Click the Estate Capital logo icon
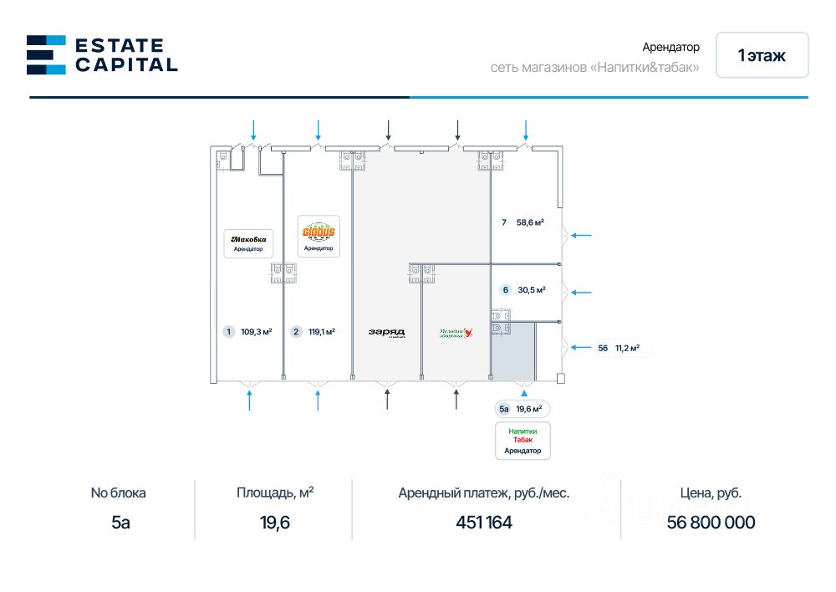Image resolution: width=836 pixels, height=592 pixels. tap(46, 54)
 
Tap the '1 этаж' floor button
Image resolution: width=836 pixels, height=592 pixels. tap(762, 55)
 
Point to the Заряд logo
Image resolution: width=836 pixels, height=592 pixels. tap(386, 332)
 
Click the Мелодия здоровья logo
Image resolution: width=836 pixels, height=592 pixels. tap(456, 332)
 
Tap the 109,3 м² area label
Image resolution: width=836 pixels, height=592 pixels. tap(256, 332)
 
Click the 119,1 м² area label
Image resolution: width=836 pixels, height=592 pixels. tap(321, 332)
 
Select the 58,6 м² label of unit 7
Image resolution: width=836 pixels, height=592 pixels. tap(530, 222)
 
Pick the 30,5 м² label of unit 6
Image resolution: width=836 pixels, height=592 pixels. tap(532, 290)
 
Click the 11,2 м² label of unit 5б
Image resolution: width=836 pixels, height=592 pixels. tap(627, 349)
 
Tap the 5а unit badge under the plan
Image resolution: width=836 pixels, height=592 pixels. tap(503, 409)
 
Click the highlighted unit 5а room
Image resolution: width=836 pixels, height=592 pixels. tap(511, 352)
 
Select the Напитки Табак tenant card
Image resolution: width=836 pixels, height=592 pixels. tap(522, 440)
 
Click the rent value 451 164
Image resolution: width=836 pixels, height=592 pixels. tap(484, 523)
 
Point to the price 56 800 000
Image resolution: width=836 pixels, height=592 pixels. tap(711, 523)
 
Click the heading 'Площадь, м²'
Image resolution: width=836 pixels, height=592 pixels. tap(275, 492)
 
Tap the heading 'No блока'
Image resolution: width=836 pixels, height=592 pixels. tap(124, 492)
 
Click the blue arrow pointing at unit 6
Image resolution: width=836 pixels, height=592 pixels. tap(580, 293)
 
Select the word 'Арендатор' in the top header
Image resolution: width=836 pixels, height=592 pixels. tap(670, 48)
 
